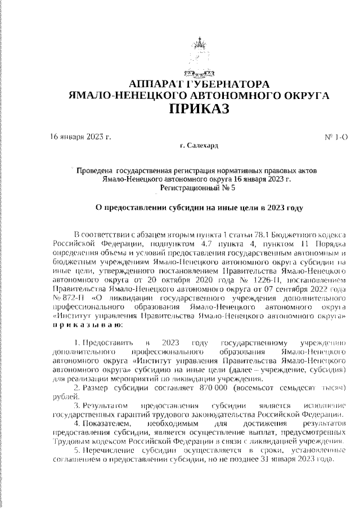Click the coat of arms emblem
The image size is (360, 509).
pos(197,57)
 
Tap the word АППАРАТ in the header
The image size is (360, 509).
pos(156,84)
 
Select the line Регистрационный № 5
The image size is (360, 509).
pos(196,188)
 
